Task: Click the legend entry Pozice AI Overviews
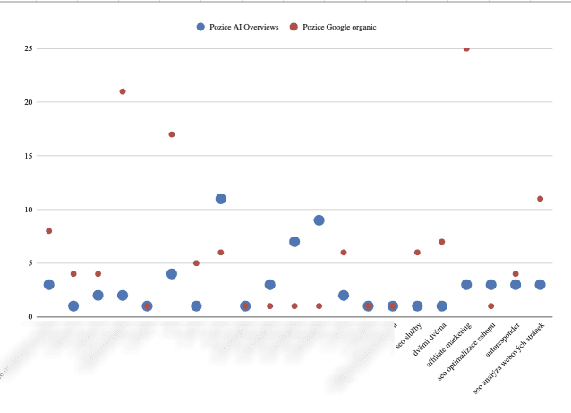tap(237, 27)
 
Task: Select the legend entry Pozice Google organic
tap(332, 27)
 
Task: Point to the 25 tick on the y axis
tap(29, 48)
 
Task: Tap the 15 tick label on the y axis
tap(29, 156)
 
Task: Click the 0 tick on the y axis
tap(30, 317)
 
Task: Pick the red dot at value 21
tap(123, 91)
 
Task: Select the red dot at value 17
tap(172, 134)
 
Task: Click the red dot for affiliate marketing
tap(466, 48)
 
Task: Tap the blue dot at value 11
tap(221, 199)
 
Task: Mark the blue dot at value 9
tap(319, 220)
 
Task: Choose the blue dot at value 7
tap(294, 242)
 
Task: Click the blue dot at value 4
tap(172, 274)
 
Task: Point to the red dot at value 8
tap(49, 231)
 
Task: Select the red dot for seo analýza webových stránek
tap(540, 199)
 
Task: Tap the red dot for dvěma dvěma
tap(442, 242)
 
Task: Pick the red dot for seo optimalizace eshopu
tap(490, 306)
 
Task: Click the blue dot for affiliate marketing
tap(466, 285)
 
